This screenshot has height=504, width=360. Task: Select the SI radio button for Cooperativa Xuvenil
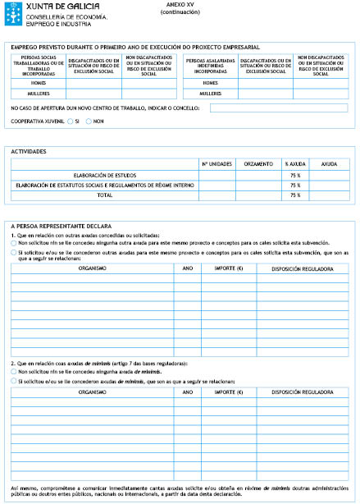tap(71, 121)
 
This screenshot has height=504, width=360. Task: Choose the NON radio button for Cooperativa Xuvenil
tap(89, 121)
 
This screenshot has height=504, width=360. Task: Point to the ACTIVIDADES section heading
tap(28, 152)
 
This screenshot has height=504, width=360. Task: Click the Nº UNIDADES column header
tap(216, 164)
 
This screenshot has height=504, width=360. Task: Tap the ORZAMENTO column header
tap(257, 164)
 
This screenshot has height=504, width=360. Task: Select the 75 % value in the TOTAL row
tap(294, 195)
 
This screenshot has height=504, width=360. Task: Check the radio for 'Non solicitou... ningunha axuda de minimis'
tap(13, 372)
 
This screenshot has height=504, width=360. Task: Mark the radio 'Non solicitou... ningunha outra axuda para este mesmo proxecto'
tap(13, 243)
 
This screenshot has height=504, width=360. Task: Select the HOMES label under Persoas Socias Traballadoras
tap(38, 83)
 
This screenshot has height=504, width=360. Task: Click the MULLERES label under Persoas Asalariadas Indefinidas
tap(210, 94)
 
